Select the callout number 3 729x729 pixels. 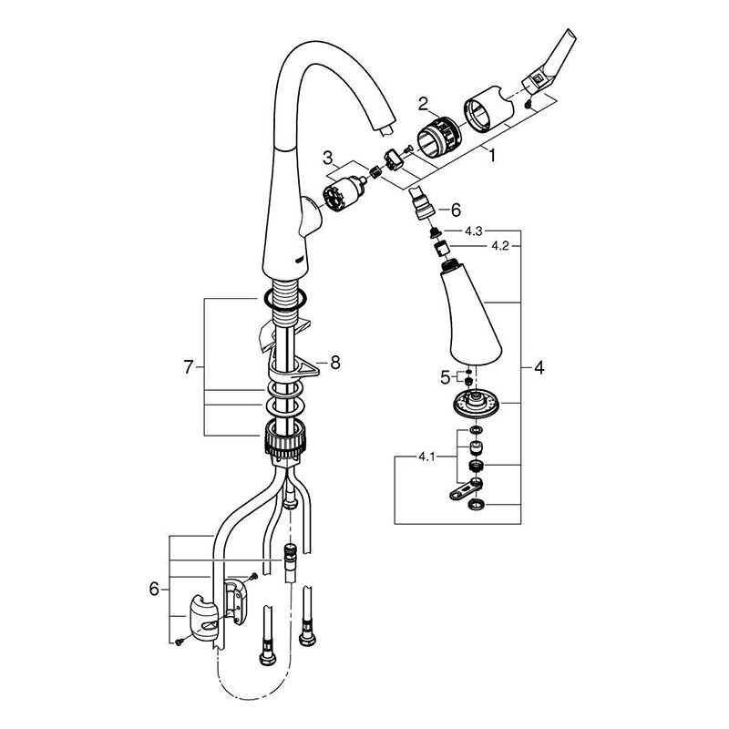(x=328, y=159)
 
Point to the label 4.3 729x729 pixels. (x=473, y=231)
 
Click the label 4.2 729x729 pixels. (x=499, y=246)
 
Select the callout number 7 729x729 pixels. (x=189, y=368)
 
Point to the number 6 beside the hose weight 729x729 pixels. (x=153, y=590)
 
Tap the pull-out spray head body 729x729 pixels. (x=474, y=314)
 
